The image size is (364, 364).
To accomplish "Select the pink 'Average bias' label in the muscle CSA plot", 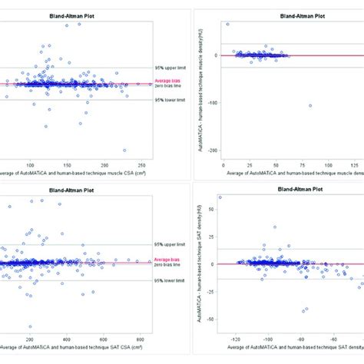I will click(167, 79).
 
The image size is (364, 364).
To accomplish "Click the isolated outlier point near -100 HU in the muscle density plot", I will click(310, 106).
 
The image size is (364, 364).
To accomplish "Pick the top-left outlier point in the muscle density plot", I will click(227, 25).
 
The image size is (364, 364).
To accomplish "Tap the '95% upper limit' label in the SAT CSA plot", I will click(164, 244).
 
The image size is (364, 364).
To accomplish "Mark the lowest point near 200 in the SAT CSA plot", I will click(31, 326).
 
